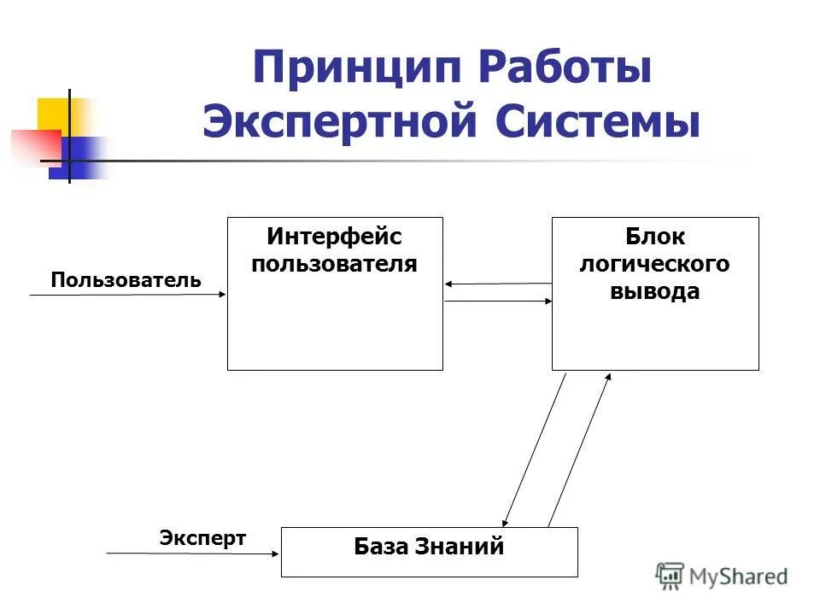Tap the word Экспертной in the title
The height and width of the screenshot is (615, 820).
click(338, 122)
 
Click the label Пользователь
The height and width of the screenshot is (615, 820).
click(126, 280)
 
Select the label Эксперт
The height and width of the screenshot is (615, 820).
click(202, 538)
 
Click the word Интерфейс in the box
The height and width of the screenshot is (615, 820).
click(334, 236)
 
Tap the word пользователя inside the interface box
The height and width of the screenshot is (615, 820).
click(334, 263)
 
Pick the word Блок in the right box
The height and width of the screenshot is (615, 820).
click(655, 237)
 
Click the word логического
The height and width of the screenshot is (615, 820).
click(655, 264)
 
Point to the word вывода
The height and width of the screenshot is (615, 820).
click(655, 291)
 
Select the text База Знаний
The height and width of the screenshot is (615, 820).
click(429, 547)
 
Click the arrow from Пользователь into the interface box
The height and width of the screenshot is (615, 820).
click(128, 295)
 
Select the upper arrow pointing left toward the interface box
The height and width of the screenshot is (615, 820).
click(498, 284)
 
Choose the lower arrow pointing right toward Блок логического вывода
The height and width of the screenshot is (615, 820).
click(498, 301)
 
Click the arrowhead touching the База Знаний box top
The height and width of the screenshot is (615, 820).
click(507, 520)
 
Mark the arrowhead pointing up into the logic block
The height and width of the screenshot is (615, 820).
click(607, 378)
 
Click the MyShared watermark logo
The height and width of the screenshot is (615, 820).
click(722, 577)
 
